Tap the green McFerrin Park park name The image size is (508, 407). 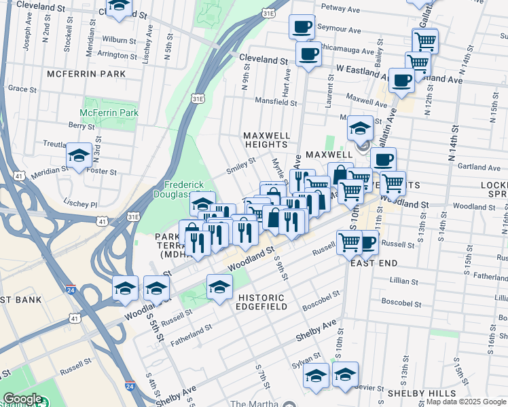109,113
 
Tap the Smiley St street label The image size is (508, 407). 240,166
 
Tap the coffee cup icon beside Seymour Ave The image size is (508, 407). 302,27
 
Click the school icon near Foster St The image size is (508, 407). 79,157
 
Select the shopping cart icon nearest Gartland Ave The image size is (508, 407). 393,182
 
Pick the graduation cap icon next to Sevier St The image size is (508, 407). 345,374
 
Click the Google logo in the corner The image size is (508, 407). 23,399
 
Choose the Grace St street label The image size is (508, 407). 22,88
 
